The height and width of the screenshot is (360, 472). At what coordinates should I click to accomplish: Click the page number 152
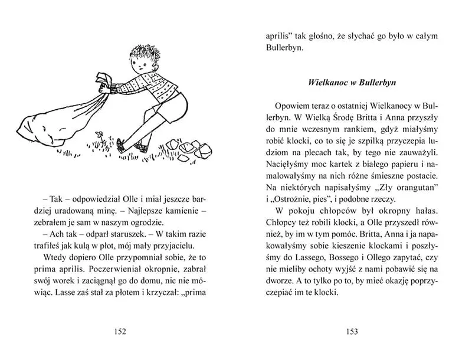point(120,332)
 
